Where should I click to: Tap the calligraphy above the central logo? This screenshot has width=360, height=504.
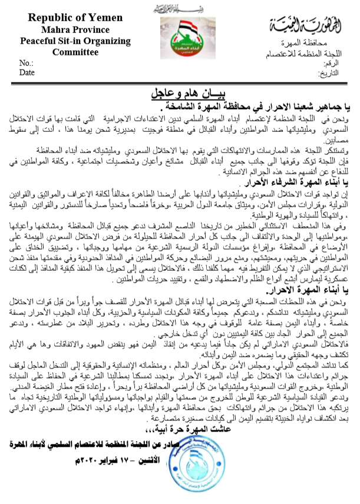tap(180, 9)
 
